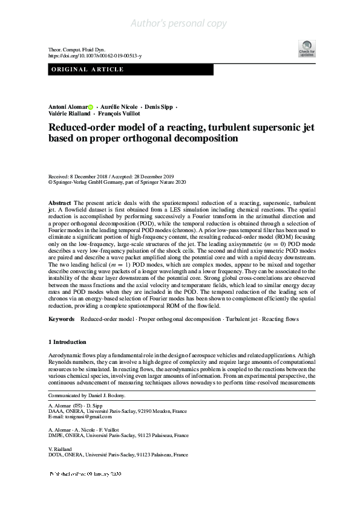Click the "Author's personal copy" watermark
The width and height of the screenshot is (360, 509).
click(x=179, y=24)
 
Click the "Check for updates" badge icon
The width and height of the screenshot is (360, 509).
click(x=307, y=48)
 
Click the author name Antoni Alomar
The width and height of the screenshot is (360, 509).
click(x=67, y=106)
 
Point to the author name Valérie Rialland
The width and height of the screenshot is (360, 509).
click(x=70, y=113)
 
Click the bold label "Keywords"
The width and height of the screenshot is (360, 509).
click(x=62, y=319)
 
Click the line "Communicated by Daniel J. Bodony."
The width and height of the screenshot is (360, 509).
click(x=87, y=395)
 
